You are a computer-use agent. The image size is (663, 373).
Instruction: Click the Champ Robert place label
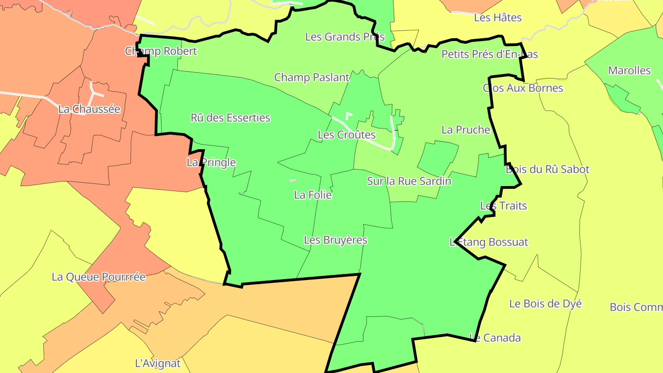coord(161,51)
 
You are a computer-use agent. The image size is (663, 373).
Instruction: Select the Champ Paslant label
coord(312,77)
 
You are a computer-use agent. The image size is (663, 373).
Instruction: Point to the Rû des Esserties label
coord(230,118)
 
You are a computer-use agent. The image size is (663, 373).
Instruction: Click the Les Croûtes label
coord(347,135)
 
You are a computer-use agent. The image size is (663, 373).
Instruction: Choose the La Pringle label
coord(211,163)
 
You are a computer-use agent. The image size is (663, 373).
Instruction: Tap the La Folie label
coord(313,195)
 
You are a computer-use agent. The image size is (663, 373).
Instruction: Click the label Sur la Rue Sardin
coord(409,181)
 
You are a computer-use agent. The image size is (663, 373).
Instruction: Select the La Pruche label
coord(465,130)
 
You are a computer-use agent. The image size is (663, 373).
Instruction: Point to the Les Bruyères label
coord(336,240)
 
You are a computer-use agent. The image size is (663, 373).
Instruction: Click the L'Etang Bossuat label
coord(489,242)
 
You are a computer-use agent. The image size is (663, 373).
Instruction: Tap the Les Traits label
coord(503,206)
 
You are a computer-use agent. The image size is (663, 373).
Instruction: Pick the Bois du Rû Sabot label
coord(547,169)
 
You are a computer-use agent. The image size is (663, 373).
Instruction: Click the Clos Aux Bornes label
coord(523,88)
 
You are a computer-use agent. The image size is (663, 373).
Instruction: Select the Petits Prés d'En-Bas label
coord(489,54)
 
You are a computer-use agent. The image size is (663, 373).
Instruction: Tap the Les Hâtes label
coord(498,18)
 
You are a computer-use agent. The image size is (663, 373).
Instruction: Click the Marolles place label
coord(629,71)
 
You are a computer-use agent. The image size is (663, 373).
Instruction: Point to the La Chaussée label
coord(89,110)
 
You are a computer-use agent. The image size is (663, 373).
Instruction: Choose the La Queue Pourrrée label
coord(99,277)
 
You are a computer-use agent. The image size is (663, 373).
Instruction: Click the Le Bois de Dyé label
coord(545,304)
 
